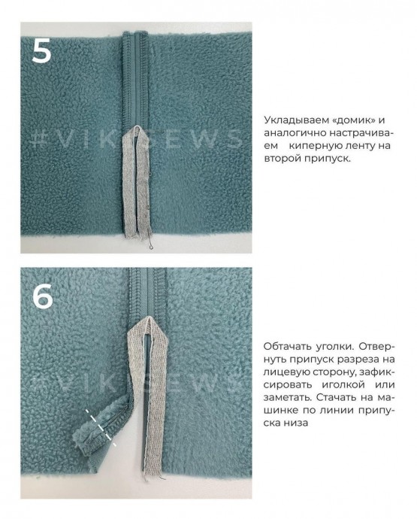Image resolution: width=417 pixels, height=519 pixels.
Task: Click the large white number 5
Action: [41, 50]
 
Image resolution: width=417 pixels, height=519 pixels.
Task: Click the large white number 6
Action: [43, 296]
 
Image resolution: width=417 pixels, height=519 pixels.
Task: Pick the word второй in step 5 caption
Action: [283, 159]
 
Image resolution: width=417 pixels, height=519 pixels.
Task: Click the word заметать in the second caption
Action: [287, 397]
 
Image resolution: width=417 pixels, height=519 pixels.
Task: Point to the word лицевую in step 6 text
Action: [284, 372]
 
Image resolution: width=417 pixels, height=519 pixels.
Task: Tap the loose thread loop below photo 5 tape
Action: [150, 246]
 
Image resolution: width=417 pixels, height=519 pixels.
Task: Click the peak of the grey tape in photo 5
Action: [135, 127]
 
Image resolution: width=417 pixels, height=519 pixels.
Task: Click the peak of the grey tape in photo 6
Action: [149, 318]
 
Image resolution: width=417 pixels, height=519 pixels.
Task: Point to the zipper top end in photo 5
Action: [136, 33]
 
